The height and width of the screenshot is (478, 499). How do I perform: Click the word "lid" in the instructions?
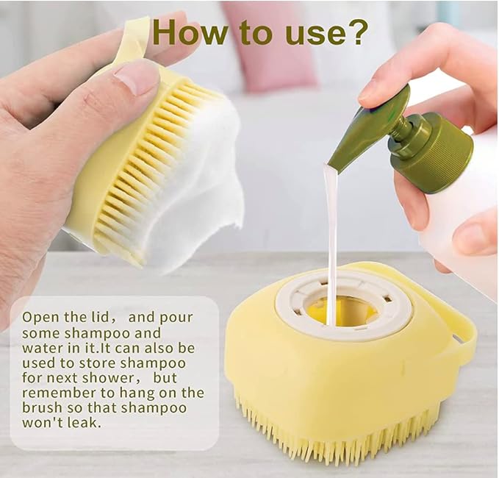click(97, 317)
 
